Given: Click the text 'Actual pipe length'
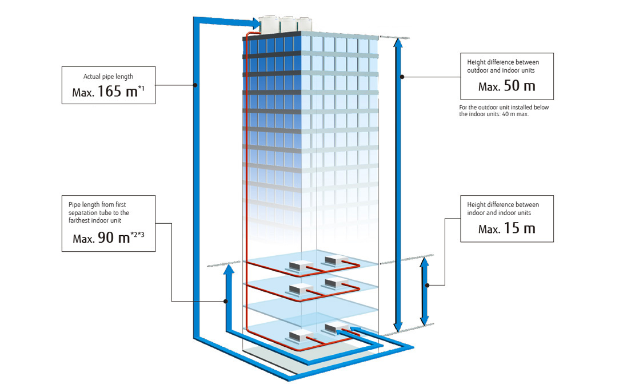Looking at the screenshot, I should click(108, 76).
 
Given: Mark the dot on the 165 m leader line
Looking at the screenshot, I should click(195, 86).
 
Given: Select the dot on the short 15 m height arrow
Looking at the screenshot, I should click(425, 284).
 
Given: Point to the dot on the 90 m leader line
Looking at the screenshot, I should click(227, 301).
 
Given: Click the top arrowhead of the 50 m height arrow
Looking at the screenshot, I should click(402, 44).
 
